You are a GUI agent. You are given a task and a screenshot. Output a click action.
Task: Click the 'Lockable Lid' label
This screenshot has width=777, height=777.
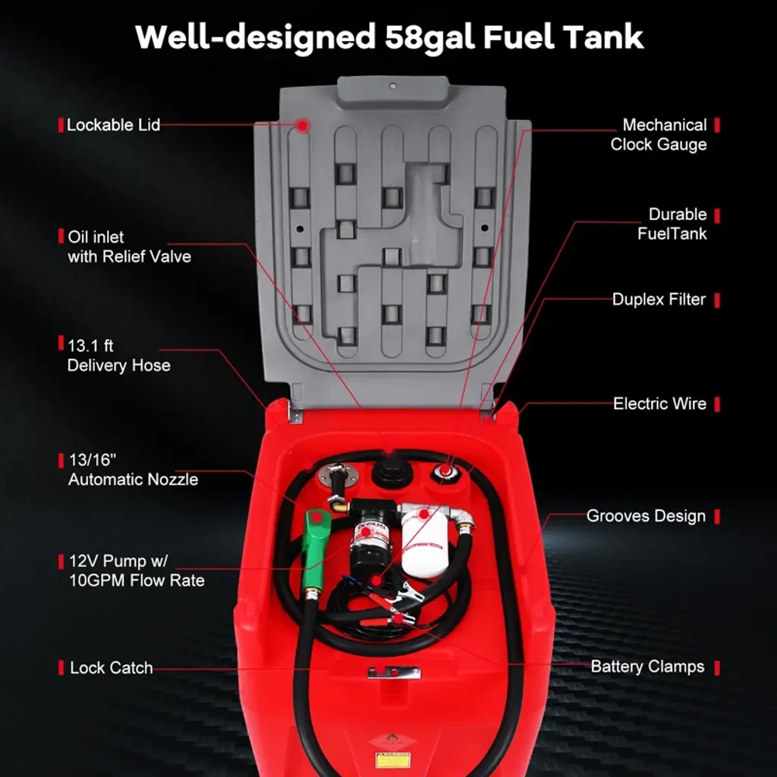coord(114,125)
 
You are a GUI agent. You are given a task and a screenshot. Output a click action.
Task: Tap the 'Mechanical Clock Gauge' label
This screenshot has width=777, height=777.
coord(659,135)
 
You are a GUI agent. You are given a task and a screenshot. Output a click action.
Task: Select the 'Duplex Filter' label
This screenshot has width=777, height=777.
coord(659,299)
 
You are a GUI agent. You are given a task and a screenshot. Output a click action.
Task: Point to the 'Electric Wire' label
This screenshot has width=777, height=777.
coord(659,404)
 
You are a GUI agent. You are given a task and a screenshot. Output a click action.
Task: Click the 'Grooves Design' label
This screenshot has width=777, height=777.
coord(646,516)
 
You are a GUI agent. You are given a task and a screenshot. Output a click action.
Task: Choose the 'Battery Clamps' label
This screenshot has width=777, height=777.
coord(647,666)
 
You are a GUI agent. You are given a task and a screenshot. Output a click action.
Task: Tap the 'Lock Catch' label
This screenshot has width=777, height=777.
coord(112,668)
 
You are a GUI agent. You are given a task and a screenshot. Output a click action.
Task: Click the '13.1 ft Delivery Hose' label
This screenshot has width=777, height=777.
coord(119,355)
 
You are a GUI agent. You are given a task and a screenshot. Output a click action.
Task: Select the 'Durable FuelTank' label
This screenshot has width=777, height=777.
coord(672,224)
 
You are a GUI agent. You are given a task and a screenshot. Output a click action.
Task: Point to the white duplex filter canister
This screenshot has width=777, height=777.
coord(424,541)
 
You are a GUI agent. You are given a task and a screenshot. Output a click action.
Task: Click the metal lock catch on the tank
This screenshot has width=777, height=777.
coord(394,672)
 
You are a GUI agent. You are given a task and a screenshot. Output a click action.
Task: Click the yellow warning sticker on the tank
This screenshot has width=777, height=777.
coord(392,759)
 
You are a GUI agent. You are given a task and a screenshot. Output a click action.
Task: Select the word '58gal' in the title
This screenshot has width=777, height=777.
coord(430,37)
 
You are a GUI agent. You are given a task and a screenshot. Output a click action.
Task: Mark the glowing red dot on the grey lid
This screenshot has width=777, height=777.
coord(303,125)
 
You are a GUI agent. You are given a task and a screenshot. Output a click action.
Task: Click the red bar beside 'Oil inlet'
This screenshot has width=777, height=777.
coord(61,237)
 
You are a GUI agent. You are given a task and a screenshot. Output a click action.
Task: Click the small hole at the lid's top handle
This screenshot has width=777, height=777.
coord(393,86)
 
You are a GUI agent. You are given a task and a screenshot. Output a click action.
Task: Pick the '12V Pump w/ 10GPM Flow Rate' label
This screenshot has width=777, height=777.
coord(137,571)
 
